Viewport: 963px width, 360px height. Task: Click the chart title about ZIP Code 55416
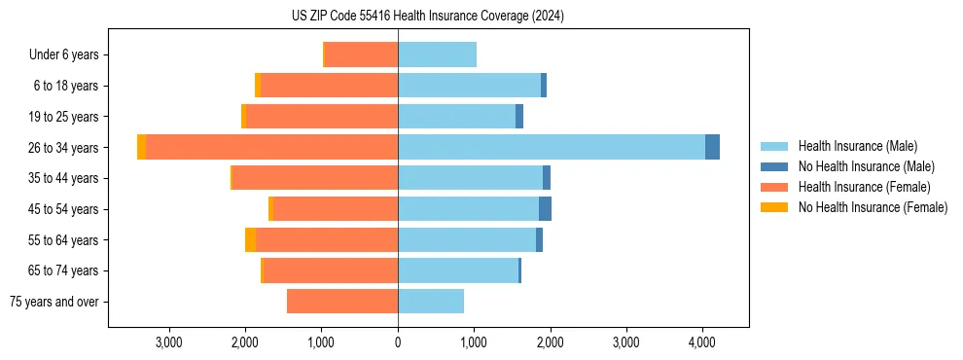428,16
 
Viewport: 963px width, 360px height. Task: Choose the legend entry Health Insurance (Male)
857,146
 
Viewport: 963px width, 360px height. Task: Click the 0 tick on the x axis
398,342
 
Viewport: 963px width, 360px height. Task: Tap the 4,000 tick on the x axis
702,342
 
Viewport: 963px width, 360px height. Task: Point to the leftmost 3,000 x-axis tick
169,342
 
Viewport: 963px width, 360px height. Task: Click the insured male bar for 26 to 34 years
551,147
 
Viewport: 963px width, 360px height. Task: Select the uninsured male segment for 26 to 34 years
712,147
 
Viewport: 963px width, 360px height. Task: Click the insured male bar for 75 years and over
431,302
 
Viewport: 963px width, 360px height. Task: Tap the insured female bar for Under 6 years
361,54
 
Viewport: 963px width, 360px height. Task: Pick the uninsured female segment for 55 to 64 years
250,239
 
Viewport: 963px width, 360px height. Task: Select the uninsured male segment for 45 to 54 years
545,209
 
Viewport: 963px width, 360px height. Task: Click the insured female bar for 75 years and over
342,302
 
